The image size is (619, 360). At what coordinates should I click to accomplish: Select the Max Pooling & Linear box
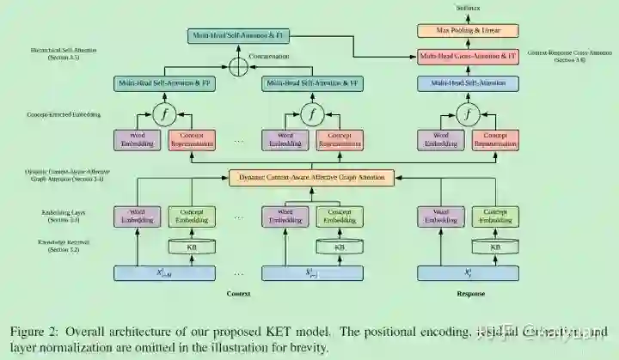(468, 31)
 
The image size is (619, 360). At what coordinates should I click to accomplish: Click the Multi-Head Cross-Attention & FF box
(468, 57)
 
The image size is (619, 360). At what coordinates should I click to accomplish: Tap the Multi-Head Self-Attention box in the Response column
(468, 83)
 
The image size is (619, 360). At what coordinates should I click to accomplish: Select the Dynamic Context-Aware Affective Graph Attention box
(311, 178)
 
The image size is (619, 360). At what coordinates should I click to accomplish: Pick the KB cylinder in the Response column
(495, 247)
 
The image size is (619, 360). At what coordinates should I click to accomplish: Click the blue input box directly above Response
(468, 273)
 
